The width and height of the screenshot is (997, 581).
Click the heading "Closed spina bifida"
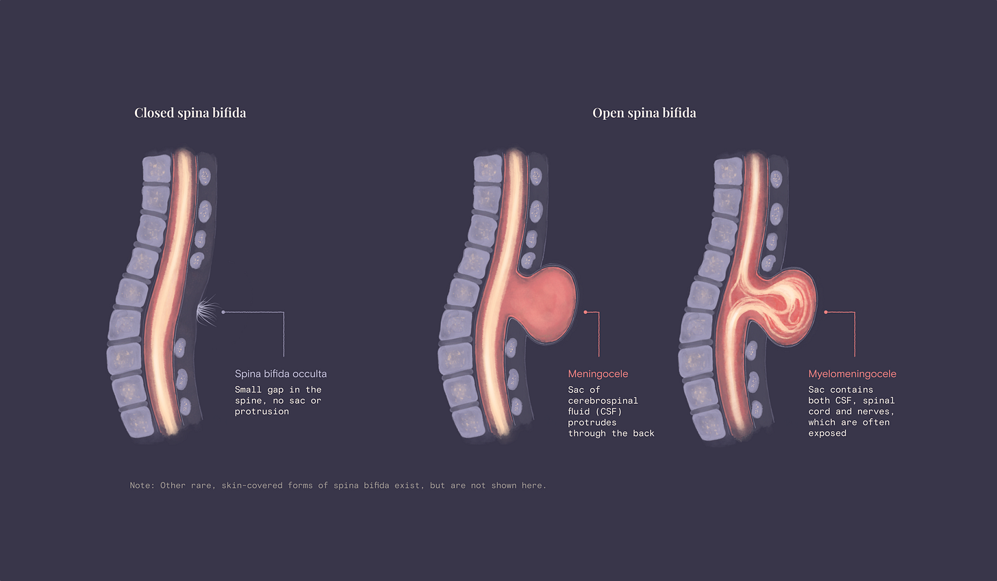pyautogui.click(x=190, y=113)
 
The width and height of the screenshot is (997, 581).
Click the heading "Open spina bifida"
pyautogui.click(x=644, y=113)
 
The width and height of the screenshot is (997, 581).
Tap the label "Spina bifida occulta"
pyautogui.click(x=281, y=374)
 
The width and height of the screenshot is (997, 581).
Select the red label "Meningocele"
pyautogui.click(x=598, y=374)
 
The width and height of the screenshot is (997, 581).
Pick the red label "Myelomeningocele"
pyautogui.click(x=852, y=374)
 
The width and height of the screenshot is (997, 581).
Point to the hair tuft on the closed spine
pyautogui.click(x=206, y=311)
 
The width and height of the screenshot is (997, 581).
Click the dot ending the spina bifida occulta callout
pyautogui.click(x=223, y=312)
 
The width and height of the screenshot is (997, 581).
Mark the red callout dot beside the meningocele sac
pyautogui.click(x=585, y=312)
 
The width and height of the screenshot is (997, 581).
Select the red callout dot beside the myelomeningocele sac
pyautogui.click(x=826, y=312)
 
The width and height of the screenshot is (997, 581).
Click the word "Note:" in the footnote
pyautogui.click(x=142, y=485)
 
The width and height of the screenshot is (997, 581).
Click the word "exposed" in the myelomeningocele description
pyautogui.click(x=827, y=433)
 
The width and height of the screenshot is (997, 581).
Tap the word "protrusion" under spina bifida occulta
pyautogui.click(x=262, y=411)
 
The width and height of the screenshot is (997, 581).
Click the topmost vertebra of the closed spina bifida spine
pyautogui.click(x=156, y=168)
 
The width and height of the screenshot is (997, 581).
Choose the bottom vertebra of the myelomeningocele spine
pyautogui.click(x=710, y=424)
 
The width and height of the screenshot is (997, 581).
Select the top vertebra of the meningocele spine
pyautogui.click(x=488, y=168)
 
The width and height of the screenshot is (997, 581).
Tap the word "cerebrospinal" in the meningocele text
pyautogui.click(x=603, y=400)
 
